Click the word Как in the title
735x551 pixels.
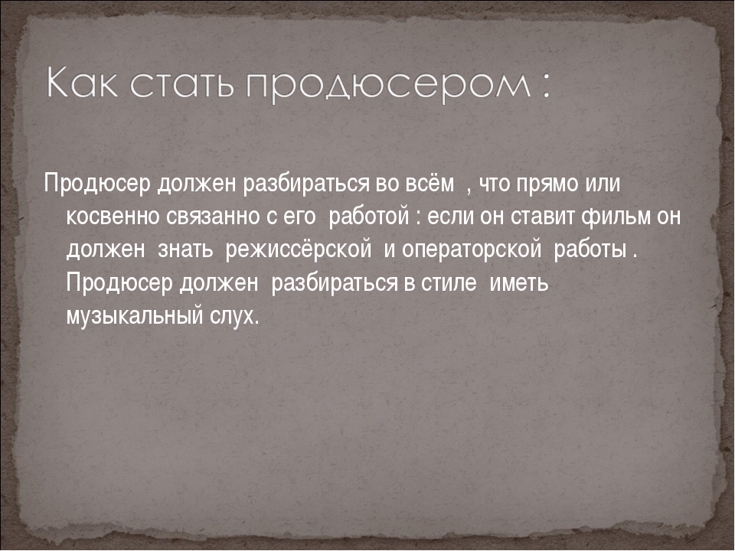83,83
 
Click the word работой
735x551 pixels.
369,216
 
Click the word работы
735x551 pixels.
590,249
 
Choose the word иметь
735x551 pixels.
519,282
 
